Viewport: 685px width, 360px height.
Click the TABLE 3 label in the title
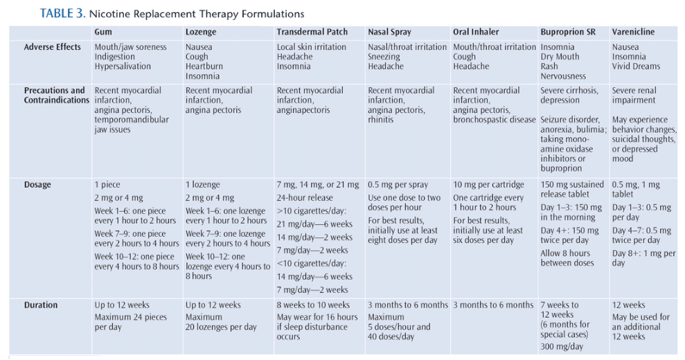(62, 14)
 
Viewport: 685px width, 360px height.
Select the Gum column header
(103, 32)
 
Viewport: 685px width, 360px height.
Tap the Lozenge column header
(201, 33)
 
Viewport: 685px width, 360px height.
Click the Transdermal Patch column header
(312, 32)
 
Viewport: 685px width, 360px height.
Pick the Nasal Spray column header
(389, 33)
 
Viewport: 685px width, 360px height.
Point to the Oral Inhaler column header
(476, 32)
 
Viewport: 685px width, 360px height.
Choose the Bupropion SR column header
(568, 33)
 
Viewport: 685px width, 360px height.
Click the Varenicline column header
(633, 32)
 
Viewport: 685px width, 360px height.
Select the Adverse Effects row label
(53, 47)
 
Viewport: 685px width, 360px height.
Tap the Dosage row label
(37, 185)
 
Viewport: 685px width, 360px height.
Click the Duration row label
(41, 305)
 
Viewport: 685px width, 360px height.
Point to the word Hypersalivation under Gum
(123, 66)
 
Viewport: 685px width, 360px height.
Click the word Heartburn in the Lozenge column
(204, 66)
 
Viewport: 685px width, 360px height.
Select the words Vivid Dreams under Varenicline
(636, 66)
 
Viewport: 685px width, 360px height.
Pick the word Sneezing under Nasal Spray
(384, 57)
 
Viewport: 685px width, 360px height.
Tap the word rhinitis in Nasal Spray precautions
(380, 120)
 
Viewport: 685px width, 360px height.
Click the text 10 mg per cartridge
(488, 185)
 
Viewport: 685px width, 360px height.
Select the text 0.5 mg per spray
(398, 185)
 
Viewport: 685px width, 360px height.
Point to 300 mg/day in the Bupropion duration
(562, 347)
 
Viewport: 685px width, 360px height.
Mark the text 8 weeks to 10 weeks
(313, 305)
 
